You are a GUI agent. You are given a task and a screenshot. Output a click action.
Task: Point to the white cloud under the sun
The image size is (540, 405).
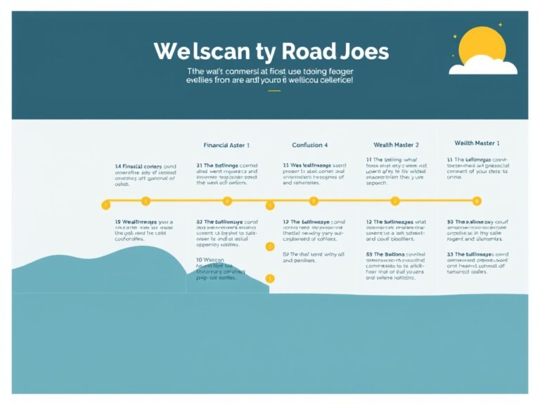tap(483, 68)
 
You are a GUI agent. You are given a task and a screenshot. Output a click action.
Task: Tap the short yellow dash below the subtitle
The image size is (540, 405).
tap(269, 91)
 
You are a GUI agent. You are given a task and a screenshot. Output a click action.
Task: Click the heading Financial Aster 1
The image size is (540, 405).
tap(226, 145)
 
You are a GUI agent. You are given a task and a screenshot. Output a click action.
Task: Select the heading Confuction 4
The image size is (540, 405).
tap(309, 145)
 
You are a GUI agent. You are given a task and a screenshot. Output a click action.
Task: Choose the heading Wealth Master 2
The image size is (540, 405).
tap(396, 145)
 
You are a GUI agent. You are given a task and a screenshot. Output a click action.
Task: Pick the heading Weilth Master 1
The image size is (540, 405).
tap(477, 143)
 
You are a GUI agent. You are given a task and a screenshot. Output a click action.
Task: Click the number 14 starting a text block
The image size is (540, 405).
tap(118, 167)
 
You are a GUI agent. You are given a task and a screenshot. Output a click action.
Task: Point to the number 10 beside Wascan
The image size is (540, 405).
tap(200, 260)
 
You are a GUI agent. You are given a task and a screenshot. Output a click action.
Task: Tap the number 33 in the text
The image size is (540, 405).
tap(450, 254)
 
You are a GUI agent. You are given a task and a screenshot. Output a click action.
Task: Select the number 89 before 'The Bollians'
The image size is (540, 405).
tap(369, 254)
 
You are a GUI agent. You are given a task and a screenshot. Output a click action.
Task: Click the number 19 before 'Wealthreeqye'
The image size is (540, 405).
tap(118, 221)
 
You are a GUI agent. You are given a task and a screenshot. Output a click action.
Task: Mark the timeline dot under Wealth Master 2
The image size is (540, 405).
tap(394, 201)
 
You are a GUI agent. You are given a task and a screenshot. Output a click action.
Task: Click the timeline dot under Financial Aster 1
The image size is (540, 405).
tap(226, 201)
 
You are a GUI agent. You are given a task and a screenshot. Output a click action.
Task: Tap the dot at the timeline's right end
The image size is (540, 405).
tap(477, 201)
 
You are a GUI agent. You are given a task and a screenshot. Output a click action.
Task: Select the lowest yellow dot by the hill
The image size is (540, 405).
tap(269, 279)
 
